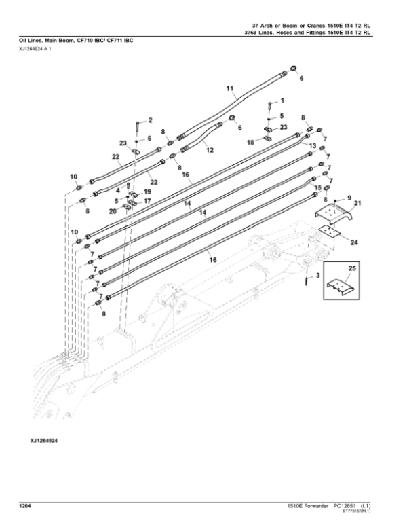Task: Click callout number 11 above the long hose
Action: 229,88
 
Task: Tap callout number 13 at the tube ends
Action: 313,145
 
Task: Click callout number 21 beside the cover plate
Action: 358,204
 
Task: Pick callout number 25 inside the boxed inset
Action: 351,270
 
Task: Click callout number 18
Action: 250,143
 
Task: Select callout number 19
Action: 148,192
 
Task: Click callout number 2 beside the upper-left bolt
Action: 150,120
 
